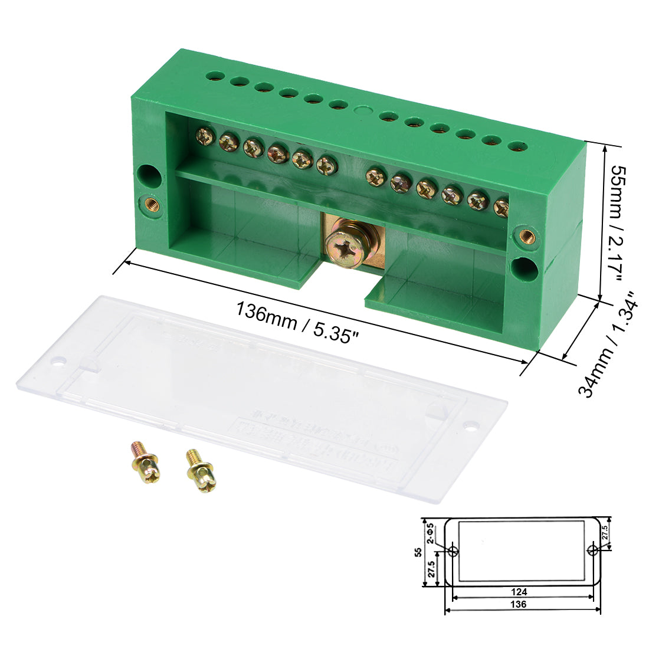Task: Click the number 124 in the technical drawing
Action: coord(519,592)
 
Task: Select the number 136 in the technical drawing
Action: coord(519,604)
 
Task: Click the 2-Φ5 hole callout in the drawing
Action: coord(431,533)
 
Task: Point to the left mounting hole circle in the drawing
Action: coord(454,551)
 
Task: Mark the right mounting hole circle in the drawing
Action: coord(593,550)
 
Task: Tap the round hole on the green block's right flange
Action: coord(523,268)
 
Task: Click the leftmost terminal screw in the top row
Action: coord(205,137)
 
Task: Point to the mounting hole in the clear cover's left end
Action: coord(58,360)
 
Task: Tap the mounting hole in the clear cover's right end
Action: coord(471,424)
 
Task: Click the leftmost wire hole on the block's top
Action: coord(213,76)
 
